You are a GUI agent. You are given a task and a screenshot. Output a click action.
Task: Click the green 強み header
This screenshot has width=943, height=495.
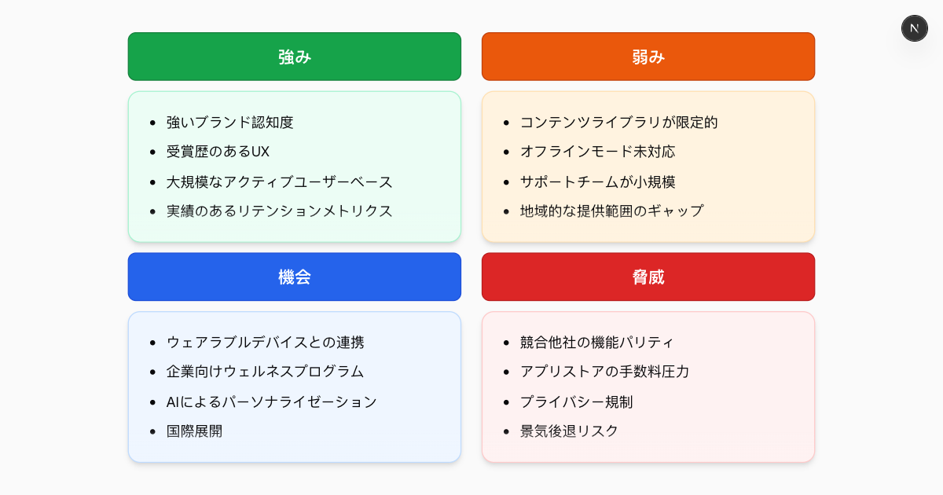(x=295, y=57)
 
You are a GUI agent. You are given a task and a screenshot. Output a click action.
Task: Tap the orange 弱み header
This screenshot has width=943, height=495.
(x=648, y=57)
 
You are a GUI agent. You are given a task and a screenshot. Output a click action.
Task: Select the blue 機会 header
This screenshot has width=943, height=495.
(x=295, y=277)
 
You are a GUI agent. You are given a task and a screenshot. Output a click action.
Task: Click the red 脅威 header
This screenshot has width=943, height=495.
(x=648, y=277)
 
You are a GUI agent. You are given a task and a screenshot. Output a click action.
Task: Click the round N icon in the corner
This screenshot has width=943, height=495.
(x=915, y=28)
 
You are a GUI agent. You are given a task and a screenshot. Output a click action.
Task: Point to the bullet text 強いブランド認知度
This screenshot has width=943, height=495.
(x=229, y=123)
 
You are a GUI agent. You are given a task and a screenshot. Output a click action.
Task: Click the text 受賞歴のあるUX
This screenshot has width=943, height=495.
(x=218, y=152)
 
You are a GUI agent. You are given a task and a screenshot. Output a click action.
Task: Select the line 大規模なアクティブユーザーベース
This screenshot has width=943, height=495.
(x=279, y=181)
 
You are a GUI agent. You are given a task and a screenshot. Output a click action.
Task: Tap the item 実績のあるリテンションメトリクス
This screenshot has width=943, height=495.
(x=279, y=211)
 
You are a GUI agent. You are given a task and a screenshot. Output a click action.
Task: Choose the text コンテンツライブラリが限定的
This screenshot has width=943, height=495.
(x=618, y=123)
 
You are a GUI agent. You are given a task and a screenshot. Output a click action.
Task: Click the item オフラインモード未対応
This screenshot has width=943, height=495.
(x=597, y=152)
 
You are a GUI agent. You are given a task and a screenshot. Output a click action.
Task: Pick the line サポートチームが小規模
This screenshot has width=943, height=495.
(x=597, y=181)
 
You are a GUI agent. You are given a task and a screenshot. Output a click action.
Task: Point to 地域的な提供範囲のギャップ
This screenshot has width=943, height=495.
(x=611, y=211)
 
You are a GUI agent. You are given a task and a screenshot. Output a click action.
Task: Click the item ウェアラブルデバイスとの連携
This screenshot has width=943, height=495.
(x=265, y=343)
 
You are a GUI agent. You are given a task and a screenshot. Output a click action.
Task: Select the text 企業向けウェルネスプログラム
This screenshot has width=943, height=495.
(x=265, y=372)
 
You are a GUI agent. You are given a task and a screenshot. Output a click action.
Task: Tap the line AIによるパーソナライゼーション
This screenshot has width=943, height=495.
(x=272, y=401)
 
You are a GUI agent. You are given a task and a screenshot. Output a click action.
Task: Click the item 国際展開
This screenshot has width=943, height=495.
(x=194, y=431)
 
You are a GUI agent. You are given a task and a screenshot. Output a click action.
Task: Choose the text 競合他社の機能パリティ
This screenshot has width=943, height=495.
(x=596, y=343)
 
